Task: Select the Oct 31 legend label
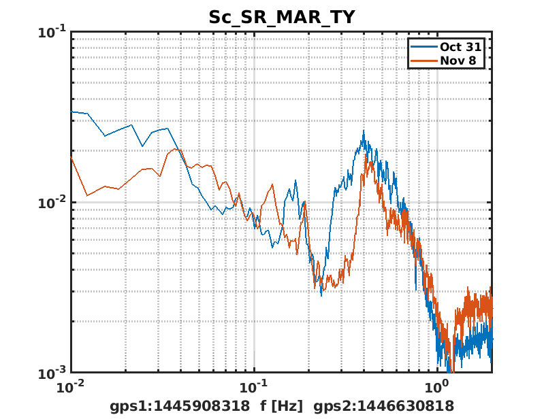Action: (460, 47)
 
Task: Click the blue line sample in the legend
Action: (423, 47)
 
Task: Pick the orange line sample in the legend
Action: (423, 61)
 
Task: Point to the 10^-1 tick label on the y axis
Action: (50, 32)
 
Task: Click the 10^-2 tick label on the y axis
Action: (50, 203)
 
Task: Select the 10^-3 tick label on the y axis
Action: (50, 373)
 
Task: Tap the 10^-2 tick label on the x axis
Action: (71, 388)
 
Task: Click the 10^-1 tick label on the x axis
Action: (254, 388)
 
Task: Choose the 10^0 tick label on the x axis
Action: (436, 388)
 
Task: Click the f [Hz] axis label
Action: (281, 406)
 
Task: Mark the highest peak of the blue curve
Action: (364, 131)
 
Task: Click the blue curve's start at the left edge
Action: (72, 112)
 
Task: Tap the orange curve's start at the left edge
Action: (71, 157)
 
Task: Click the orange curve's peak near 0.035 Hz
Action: (174, 149)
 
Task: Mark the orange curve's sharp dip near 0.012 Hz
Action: (87, 196)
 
